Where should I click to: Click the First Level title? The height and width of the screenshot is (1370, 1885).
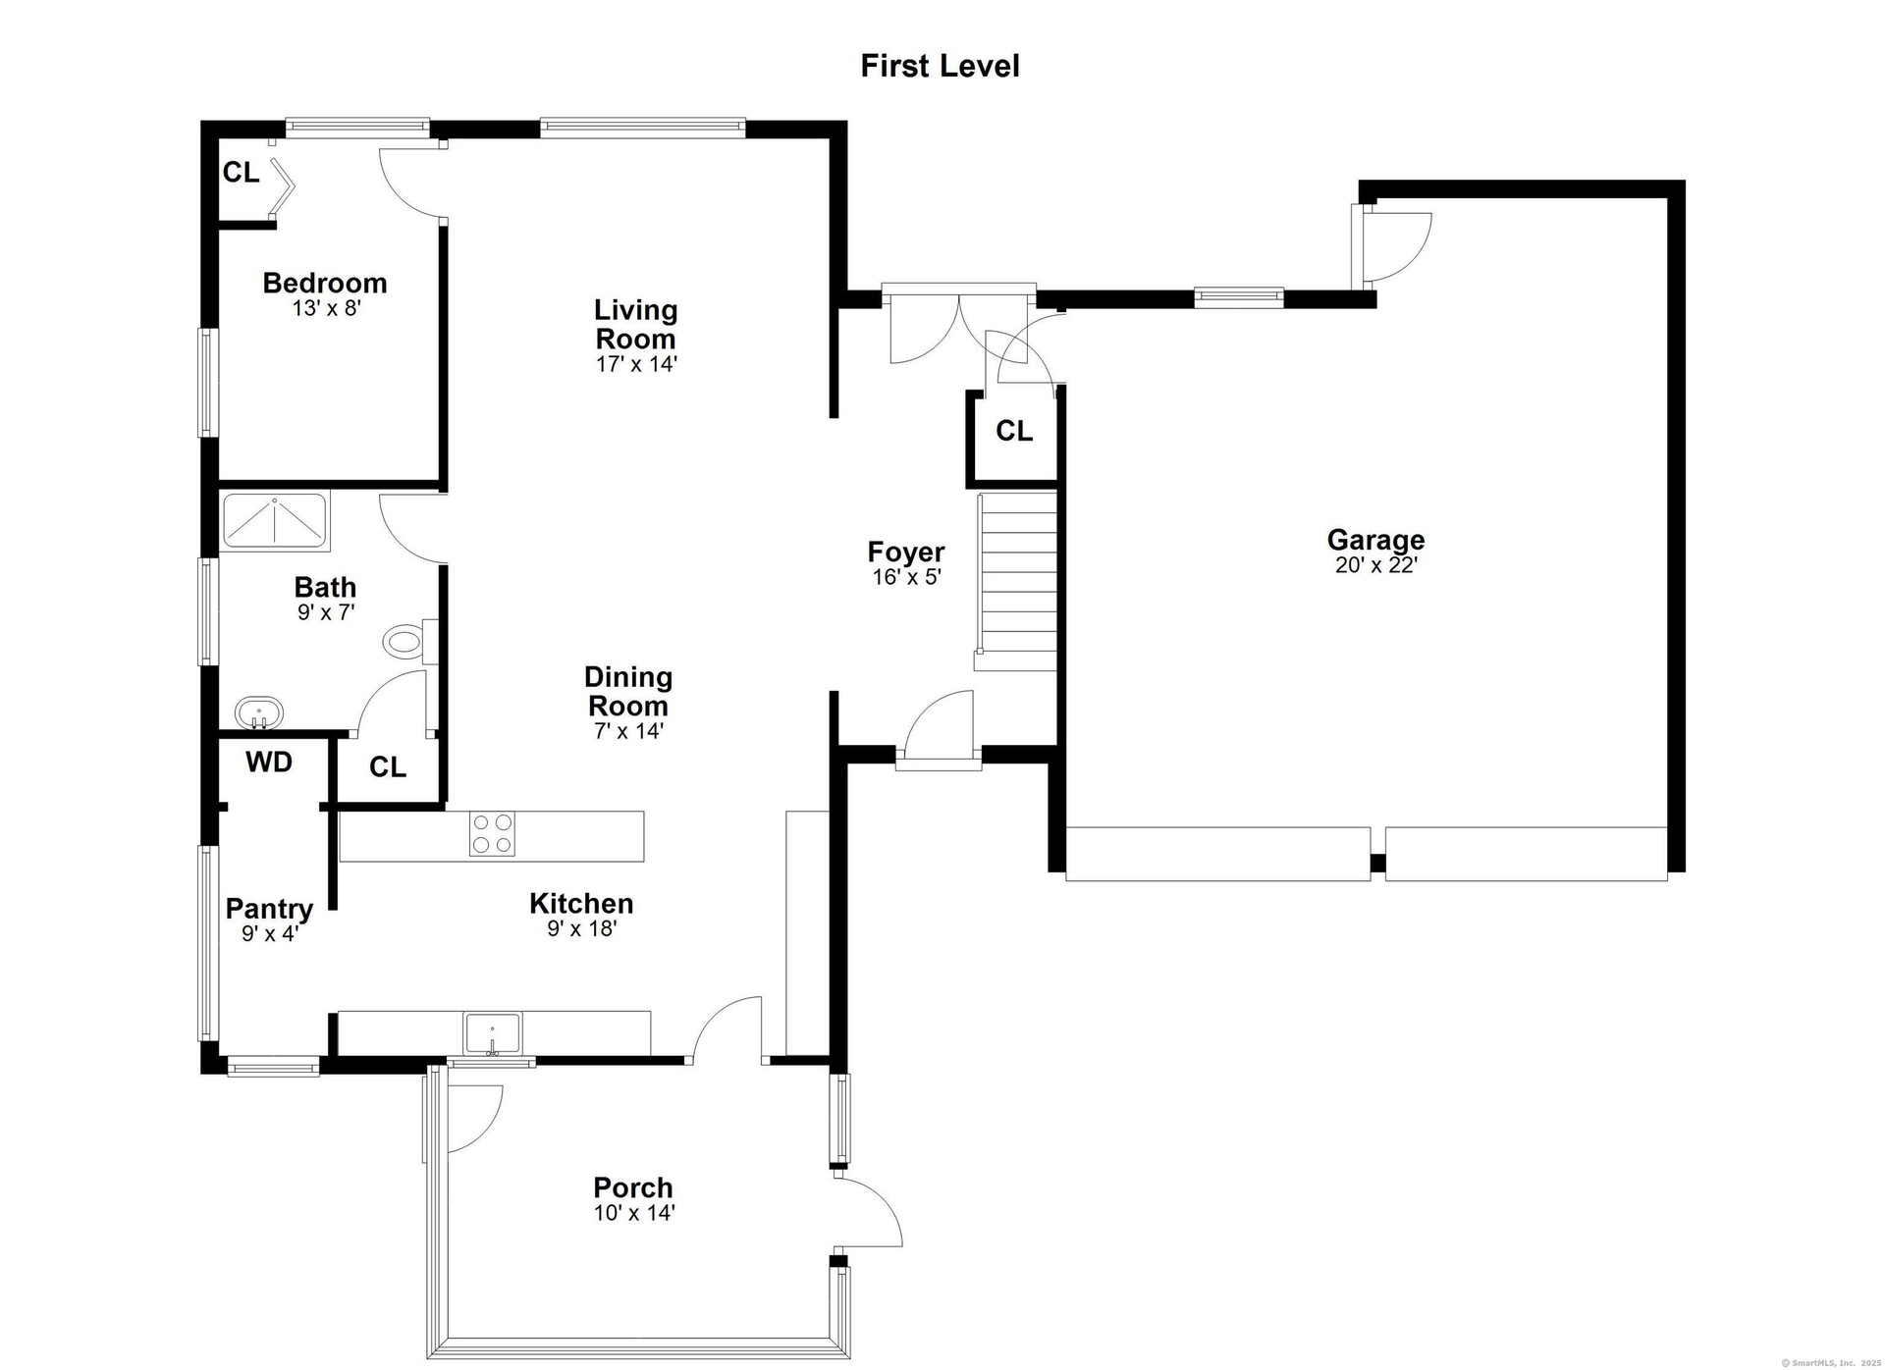point(940,66)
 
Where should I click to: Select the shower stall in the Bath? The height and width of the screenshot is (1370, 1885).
point(275,520)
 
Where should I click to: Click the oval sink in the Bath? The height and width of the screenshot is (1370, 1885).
point(259,712)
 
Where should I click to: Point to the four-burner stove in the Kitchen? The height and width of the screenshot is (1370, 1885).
point(492,834)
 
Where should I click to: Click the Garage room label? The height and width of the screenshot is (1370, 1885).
point(1375,540)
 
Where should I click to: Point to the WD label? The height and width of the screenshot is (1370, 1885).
point(269,763)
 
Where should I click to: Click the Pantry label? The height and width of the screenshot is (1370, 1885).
point(269,909)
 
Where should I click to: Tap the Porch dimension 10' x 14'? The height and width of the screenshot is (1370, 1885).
point(634,1213)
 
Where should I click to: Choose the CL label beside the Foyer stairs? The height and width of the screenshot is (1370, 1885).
point(1014,431)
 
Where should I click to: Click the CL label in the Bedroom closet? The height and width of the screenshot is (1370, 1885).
point(241,173)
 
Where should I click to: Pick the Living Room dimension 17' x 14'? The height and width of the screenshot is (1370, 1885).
point(636,364)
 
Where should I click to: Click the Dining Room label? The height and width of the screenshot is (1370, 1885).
point(628,691)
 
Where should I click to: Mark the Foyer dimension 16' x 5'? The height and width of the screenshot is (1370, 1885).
point(907,577)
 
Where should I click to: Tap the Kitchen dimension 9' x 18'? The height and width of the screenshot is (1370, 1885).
point(582,928)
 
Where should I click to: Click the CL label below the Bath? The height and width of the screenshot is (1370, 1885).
point(388,767)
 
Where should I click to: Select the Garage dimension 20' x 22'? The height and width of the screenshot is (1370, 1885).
point(1376,565)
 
